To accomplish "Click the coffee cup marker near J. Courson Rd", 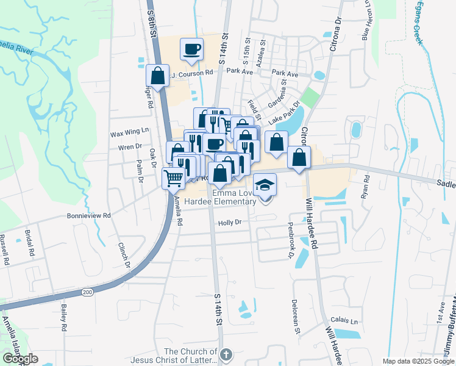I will tap(192, 48).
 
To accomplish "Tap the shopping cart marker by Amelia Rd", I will tap(173, 178).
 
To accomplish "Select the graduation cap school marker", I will tap(265, 184).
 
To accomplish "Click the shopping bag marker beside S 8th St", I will tap(157, 76).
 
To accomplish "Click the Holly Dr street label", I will tap(230, 223).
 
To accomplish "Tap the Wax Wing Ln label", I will tap(129, 132).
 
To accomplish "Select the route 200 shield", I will tap(88, 293).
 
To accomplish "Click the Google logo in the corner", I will tap(20, 359).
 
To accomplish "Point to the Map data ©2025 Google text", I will tap(418, 361).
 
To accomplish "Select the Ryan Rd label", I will tap(366, 187).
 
